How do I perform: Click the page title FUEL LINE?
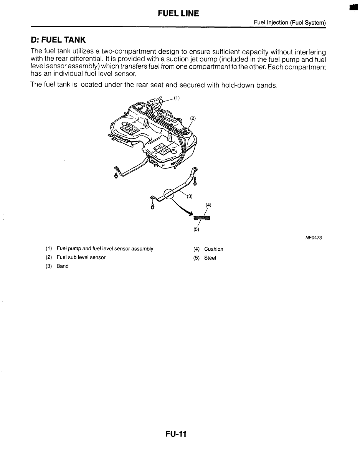[x=178, y=14]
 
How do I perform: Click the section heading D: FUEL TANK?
[x=58, y=40]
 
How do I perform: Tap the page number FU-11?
[x=176, y=434]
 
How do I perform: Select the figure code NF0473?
[x=314, y=238]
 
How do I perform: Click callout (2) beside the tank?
[x=193, y=118]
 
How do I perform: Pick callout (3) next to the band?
[x=190, y=197]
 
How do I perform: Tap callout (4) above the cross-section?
[x=208, y=205]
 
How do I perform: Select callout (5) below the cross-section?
[x=196, y=230]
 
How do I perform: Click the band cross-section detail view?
[x=202, y=219]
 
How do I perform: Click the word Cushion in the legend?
[x=213, y=249]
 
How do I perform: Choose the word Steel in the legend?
[x=210, y=258]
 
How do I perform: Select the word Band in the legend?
[x=63, y=266]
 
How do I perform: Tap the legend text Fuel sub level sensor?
[x=81, y=257]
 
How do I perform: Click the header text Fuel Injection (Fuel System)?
[x=290, y=23]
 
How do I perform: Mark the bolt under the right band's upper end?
[x=195, y=180]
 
